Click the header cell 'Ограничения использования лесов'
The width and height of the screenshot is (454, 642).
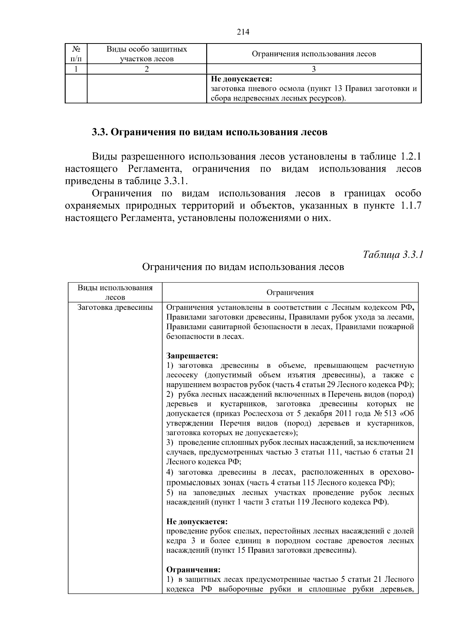coord(314,54)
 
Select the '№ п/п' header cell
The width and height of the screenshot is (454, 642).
coord(76,54)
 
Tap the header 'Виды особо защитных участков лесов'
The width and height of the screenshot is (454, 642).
coord(146,54)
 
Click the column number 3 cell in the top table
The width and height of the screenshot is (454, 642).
coord(314,69)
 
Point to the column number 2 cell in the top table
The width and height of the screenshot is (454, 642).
coord(146,69)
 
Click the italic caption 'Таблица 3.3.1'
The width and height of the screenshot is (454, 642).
coord(392,254)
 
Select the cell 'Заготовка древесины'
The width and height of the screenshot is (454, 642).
coord(115,307)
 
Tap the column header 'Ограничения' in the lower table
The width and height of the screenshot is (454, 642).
coord(290,292)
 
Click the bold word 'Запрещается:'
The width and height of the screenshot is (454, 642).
coord(192,356)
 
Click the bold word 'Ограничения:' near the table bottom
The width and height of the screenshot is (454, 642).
coord(193,570)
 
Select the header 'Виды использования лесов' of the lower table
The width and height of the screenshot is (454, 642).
coord(115,292)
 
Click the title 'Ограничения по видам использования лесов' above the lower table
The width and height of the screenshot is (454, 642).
coord(243,267)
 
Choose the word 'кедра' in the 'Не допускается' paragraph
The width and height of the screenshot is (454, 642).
coord(176,541)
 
